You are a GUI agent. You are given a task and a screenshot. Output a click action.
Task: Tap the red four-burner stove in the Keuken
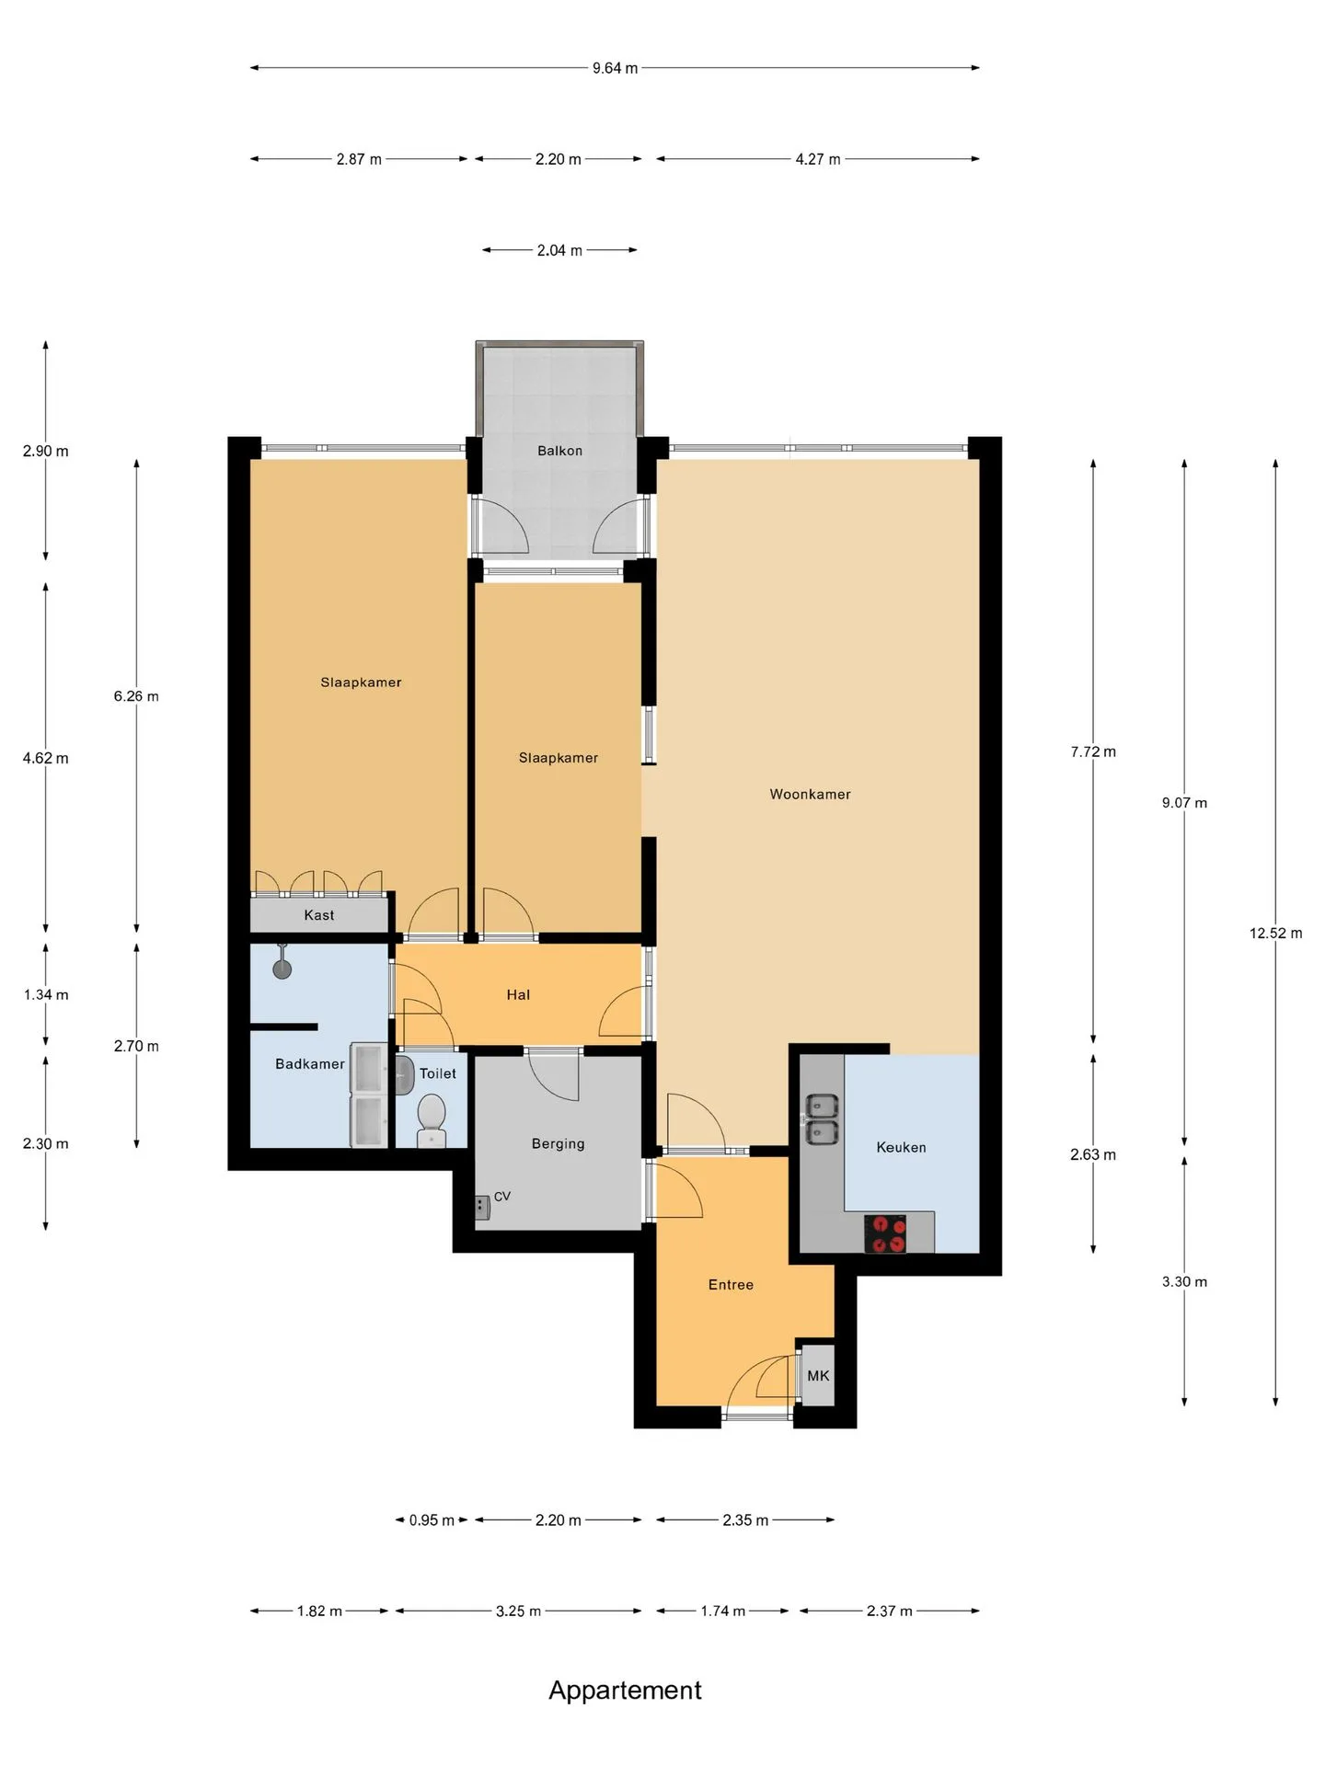coord(885,1233)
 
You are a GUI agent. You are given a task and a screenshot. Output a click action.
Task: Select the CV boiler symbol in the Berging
coord(482,1207)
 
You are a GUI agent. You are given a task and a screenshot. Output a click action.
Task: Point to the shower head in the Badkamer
coord(282,962)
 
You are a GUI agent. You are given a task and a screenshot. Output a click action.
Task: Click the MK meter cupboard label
coord(818,1376)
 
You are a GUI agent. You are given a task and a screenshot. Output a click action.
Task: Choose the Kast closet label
coord(319,915)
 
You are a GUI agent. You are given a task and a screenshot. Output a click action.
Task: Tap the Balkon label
coord(560,451)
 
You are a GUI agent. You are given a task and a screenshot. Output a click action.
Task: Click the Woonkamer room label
coord(811,794)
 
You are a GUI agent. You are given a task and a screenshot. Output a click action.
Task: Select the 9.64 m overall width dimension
coord(615,68)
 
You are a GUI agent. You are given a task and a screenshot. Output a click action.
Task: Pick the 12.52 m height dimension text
coord(1275,933)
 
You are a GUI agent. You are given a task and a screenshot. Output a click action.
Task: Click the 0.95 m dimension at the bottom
coord(432,1520)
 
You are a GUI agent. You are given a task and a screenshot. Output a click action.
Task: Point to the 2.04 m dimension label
coord(559,250)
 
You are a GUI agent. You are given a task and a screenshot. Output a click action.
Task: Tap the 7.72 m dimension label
coord(1093,751)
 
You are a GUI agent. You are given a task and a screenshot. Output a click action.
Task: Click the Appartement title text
coord(625,1690)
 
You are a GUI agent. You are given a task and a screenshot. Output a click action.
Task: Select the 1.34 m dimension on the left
coord(46,994)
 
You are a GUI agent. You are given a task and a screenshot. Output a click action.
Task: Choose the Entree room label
coord(731,1285)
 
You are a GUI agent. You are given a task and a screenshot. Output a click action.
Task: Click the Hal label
coord(518,994)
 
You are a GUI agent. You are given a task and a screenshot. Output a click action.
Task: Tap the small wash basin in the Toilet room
coord(403,1073)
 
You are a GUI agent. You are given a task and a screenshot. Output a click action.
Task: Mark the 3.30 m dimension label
coord(1184,1281)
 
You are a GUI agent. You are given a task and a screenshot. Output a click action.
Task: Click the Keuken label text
coord(901,1147)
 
